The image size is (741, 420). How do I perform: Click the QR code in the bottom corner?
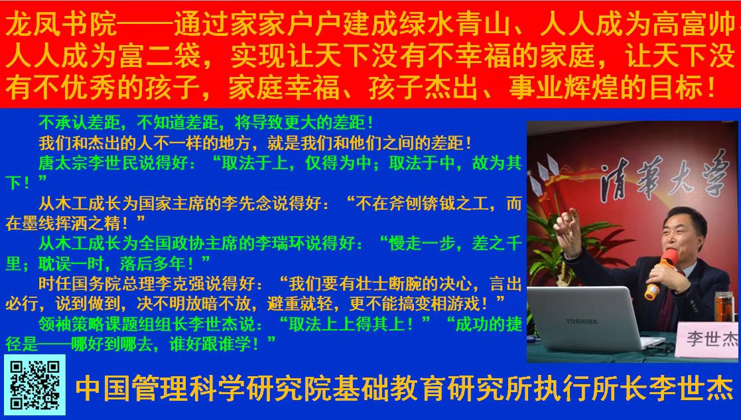(35, 385)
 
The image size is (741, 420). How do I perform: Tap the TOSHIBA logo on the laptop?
(582, 321)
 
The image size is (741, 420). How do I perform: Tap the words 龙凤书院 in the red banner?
(61, 25)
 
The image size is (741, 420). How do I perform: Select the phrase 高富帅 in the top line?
(694, 25)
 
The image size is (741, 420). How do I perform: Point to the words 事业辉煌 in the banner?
(565, 88)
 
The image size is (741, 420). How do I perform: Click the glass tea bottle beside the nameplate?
(726, 307)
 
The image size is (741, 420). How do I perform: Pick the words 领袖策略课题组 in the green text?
(97, 324)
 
